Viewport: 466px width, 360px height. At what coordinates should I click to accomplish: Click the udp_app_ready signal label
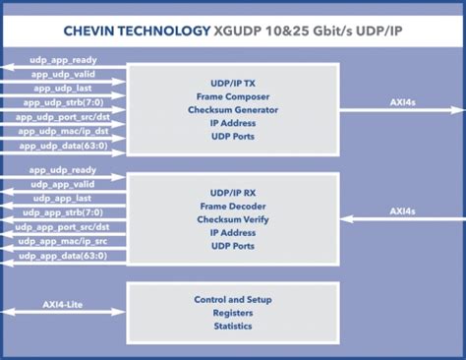63,60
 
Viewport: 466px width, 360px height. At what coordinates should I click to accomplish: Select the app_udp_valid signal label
63,75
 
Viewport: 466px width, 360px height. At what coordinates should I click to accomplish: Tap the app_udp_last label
63,89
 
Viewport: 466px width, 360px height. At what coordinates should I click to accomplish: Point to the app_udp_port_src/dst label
63,117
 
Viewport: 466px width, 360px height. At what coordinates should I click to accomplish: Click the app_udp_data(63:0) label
63,146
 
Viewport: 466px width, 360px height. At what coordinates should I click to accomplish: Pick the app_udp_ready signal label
63,170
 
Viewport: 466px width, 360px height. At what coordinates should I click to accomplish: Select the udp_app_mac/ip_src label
63,241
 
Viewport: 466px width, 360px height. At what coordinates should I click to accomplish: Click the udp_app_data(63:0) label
63,256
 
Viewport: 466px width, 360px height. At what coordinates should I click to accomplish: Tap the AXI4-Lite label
63,305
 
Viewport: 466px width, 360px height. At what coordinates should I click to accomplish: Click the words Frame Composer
233,96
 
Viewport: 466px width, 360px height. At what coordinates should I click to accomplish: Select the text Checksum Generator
233,110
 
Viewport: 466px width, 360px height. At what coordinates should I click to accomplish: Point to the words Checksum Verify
233,219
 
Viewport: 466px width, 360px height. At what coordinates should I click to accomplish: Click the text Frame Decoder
233,207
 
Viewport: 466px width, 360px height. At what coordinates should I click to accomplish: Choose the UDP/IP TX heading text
233,84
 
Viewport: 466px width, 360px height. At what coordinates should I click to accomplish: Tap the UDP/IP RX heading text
233,193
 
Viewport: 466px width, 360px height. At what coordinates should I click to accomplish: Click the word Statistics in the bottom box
233,327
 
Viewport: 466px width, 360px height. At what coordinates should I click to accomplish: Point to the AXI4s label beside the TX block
403,102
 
